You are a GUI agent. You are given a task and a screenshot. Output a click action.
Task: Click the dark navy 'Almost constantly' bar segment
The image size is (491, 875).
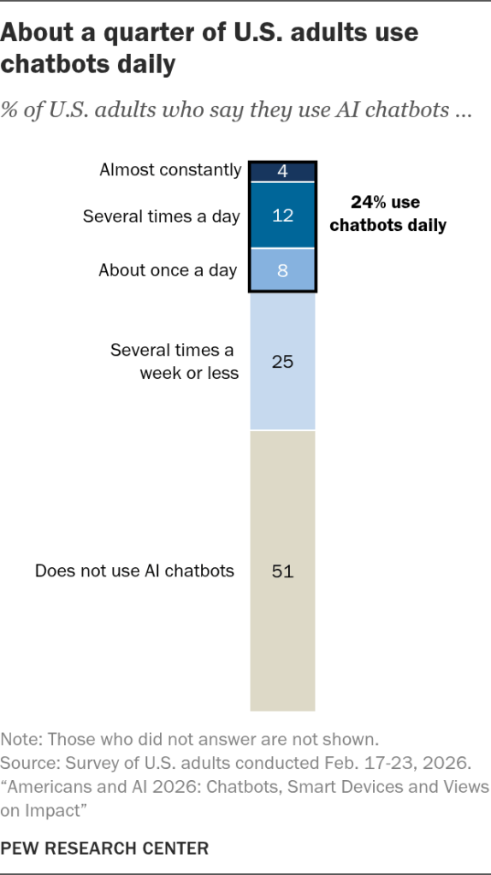283,171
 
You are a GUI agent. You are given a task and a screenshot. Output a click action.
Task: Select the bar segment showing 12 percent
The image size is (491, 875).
283,216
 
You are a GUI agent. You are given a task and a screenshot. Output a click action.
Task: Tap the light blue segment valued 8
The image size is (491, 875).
283,270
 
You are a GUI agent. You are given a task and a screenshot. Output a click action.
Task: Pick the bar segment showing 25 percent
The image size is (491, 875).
283,361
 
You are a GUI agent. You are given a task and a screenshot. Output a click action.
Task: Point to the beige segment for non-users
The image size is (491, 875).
283,571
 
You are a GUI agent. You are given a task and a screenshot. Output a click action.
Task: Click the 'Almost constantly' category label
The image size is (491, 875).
170,169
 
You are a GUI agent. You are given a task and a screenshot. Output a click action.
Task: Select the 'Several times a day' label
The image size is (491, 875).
162,216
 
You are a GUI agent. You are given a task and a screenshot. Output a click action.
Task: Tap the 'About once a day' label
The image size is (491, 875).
168,270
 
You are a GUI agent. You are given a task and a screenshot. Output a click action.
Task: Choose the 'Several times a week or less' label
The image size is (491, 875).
175,361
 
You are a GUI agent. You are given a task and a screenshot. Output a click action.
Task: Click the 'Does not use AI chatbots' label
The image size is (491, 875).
134,571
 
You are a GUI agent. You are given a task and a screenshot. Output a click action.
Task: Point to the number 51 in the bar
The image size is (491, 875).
283,571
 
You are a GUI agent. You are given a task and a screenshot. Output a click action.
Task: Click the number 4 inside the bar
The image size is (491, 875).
283,171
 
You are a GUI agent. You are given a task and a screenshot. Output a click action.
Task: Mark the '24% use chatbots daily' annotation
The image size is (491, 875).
387,213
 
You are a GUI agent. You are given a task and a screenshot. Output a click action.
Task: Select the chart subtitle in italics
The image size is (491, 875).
237,110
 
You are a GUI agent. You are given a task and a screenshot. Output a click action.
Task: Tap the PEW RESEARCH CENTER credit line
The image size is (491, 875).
104,848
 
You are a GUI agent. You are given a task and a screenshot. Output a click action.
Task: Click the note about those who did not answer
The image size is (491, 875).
190,739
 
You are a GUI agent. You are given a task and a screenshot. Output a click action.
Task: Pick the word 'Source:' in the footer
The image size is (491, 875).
33,763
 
